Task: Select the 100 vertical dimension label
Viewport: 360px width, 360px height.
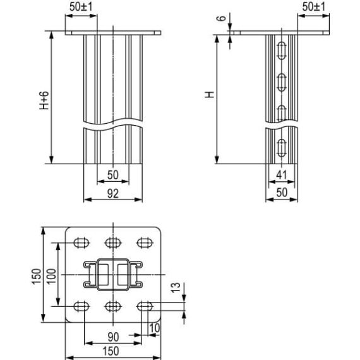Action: click(x=52, y=275)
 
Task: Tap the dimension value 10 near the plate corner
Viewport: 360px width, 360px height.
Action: click(x=155, y=327)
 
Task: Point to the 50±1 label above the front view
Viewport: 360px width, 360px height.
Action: click(x=80, y=6)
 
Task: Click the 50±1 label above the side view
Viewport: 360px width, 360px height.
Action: click(x=313, y=6)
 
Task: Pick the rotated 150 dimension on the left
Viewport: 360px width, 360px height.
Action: click(x=36, y=275)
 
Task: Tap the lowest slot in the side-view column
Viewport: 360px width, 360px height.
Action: click(x=281, y=147)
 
